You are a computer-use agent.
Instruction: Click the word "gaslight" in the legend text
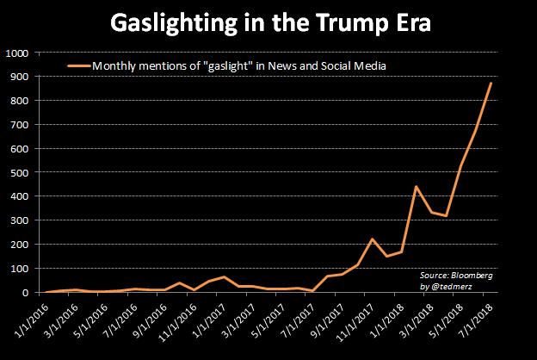(x=238, y=65)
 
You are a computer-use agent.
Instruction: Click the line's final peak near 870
(x=491, y=84)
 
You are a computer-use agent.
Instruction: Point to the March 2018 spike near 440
(x=417, y=187)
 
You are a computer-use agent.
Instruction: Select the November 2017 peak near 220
(x=371, y=239)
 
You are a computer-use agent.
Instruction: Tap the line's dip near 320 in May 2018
(x=446, y=215)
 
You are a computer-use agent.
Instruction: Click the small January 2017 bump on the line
(x=223, y=277)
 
